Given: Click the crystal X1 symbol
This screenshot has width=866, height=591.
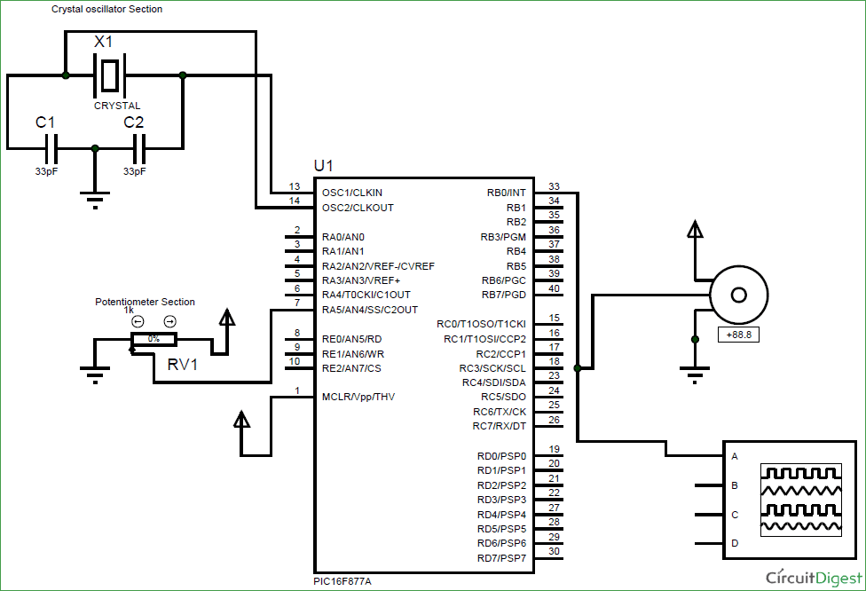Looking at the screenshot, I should [108, 75].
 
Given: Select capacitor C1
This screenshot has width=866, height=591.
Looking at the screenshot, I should [51, 146].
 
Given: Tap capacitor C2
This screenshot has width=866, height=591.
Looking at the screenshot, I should [137, 146].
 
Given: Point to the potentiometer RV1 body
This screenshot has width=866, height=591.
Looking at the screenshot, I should [154, 339].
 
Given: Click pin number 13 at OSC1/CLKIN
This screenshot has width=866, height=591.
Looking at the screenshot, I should [295, 186].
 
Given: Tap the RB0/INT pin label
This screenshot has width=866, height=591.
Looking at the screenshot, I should [507, 192].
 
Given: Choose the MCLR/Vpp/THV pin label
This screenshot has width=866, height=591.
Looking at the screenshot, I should [358, 397].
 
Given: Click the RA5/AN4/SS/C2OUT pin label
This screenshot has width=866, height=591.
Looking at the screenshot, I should [369, 310].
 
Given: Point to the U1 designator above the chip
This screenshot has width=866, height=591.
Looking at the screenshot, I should [324, 166].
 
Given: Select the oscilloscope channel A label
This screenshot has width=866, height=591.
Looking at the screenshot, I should [734, 456].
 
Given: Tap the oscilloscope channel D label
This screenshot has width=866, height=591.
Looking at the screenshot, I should [734, 542].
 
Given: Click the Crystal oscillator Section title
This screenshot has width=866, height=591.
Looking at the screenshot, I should [106, 9].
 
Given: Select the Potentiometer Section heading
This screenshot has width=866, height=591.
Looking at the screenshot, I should [145, 302].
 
